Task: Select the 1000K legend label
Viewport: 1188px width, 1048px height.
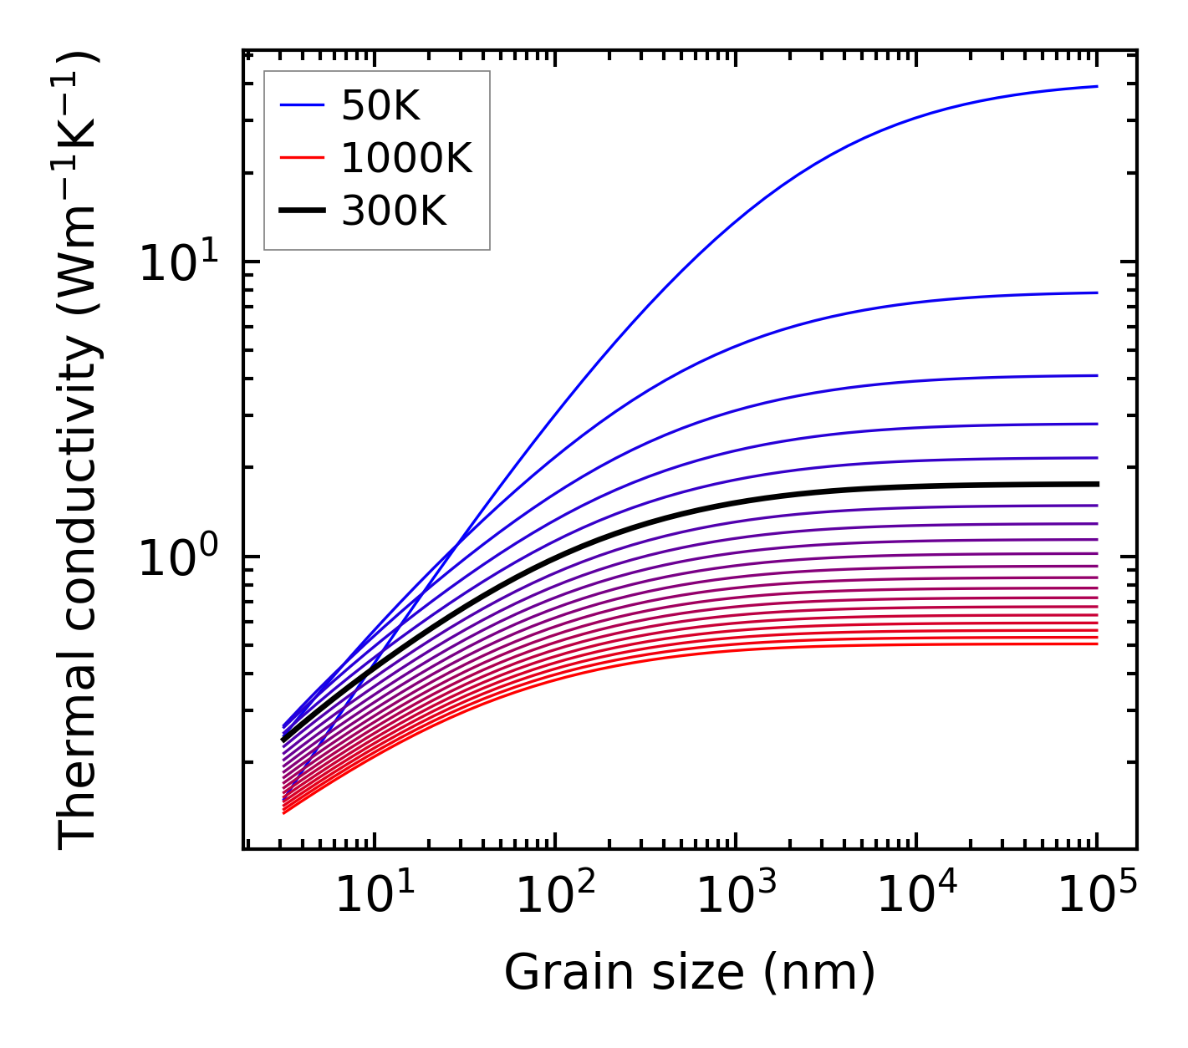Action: click(x=406, y=158)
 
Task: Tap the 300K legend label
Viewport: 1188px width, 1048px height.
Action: click(x=394, y=211)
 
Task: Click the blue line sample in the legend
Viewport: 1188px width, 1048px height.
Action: click(x=301, y=105)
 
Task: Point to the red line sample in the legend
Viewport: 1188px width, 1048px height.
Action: click(x=301, y=158)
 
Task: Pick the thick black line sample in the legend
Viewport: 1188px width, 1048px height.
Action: click(x=301, y=211)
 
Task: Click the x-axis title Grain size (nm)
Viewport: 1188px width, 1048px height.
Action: click(x=690, y=972)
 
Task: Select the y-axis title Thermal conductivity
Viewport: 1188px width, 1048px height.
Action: click(x=79, y=451)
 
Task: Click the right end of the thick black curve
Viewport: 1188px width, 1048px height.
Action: click(x=1096, y=484)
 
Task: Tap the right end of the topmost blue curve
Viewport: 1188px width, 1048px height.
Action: click(x=1096, y=86)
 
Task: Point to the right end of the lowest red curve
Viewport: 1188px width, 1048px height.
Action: click(x=1096, y=644)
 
